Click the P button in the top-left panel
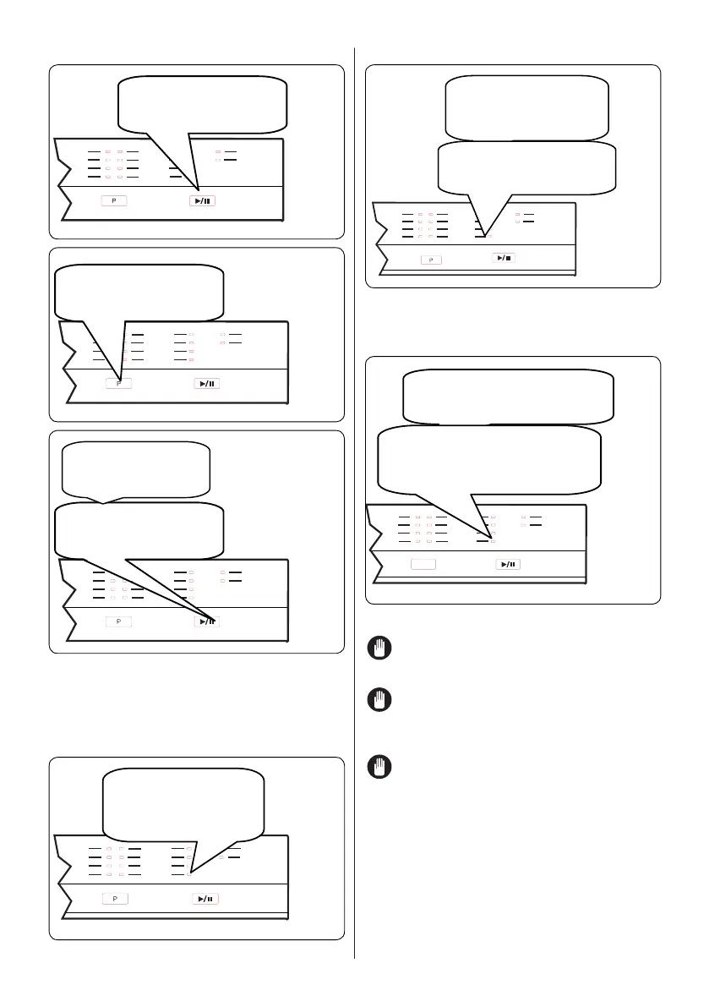pos(114,200)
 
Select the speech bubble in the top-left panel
pos(202,104)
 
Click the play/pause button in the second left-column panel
pos(208,384)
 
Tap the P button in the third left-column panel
pos(118,621)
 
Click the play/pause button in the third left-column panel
pos(208,621)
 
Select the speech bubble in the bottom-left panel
pos(183,800)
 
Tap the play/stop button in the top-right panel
pos(502,257)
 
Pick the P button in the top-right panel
pos(431,259)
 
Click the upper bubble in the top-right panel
pos(526,107)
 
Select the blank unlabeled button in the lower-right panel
pos(424,564)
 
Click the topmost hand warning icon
pos(379,649)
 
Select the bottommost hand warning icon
pos(379,768)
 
